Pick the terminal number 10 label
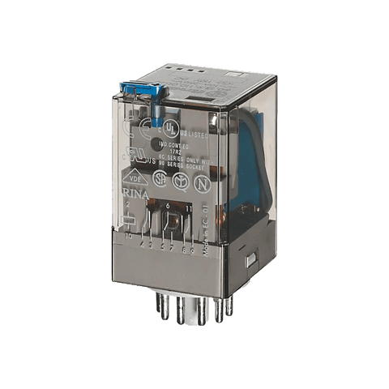coord(129,237)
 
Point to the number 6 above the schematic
coord(168,207)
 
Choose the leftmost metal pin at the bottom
coord(160,311)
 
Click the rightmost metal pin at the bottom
coord(230,307)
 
